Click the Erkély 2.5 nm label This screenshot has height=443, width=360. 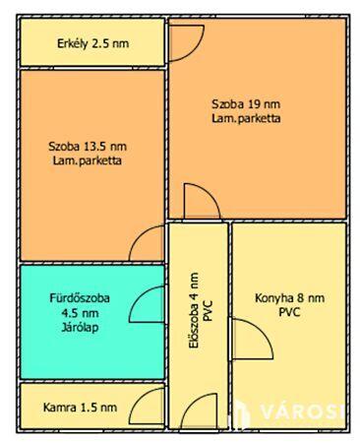pos(93,43)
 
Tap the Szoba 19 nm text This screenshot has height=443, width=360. pos(246,104)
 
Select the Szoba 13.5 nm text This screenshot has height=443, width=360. pos(88,147)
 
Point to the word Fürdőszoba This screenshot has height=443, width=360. pos(80,298)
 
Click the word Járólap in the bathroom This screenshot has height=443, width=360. pos(80,327)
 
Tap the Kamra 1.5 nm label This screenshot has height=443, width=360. pos(80,408)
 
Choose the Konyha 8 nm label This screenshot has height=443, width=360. pos(290,298)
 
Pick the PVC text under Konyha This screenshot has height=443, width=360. pos(289,312)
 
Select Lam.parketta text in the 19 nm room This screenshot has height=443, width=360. pos(246,118)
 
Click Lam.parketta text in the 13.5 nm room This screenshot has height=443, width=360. pos(88,160)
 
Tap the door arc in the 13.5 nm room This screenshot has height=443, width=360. pos(138,235)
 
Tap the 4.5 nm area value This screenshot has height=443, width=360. pos(80,313)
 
